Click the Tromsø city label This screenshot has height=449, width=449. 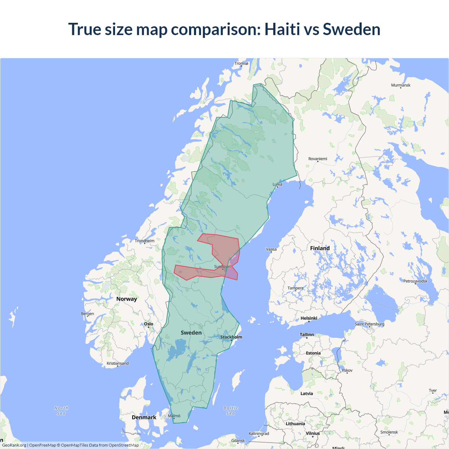click(241, 63)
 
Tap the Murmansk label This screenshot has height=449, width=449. click(401, 85)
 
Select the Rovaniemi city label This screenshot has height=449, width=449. click(317, 159)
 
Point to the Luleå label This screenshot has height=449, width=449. click(277, 184)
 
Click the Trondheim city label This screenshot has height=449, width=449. click(145, 241)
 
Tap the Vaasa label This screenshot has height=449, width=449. click(271, 249)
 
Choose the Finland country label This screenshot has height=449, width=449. click(320, 248)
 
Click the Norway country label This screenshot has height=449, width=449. click(127, 299)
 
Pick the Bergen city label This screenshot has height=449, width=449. click(87, 314)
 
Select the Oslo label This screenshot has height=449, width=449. click(149, 324)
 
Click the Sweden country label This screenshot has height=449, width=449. click(191, 333)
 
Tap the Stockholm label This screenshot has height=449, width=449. click(231, 337)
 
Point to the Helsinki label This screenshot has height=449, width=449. click(309, 318)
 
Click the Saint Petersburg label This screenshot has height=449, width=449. click(369, 324)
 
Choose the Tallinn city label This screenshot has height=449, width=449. click(307, 335)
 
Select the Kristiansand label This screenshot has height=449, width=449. click(118, 363)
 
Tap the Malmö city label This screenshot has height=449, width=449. click(174, 416)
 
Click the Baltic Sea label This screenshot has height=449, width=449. click(231, 411)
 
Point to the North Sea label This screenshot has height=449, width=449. click(61, 411)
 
